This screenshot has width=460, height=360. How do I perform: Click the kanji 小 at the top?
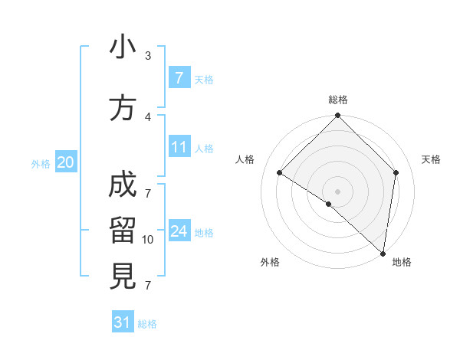(123, 48)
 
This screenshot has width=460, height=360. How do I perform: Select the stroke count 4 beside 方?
(148, 116)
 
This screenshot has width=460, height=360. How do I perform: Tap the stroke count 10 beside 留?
(148, 240)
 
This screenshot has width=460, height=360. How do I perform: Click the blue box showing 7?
(179, 78)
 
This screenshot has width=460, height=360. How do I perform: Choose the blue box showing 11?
(179, 147)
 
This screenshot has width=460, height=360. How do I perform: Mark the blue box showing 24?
(179, 231)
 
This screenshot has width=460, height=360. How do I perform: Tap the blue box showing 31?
(123, 322)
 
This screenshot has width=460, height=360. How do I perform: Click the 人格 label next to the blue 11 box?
(204, 149)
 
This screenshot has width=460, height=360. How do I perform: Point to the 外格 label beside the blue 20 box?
(41, 164)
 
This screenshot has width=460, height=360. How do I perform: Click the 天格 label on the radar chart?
(431, 159)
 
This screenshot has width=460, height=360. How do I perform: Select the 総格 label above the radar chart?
(338, 100)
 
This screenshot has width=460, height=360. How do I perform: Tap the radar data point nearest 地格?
(383, 252)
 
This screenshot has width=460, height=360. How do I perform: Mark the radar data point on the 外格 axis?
(329, 204)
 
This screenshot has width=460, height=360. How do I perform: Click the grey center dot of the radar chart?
(337, 191)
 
